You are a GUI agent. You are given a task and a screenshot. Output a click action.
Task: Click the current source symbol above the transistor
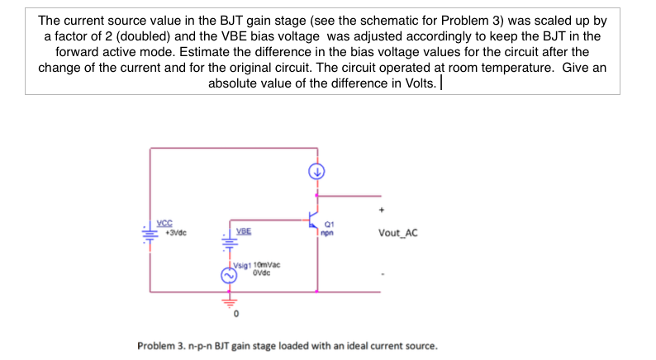[316, 172]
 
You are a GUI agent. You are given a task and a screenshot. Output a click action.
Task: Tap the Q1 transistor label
[329, 223]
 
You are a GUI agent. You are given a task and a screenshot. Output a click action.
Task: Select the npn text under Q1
[329, 232]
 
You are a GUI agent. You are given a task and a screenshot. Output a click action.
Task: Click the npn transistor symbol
[313, 219]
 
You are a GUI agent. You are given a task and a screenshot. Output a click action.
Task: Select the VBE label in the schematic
[244, 230]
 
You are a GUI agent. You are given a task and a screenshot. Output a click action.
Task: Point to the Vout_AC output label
[397, 233]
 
